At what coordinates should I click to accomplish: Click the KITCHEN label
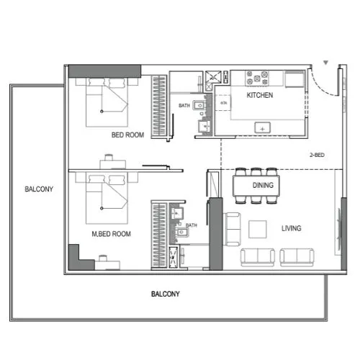[x=259, y=95]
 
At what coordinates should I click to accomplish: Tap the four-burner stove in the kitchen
[x=258, y=76]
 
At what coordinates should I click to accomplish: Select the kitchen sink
[x=262, y=127]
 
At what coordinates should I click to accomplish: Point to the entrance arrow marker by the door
[x=326, y=64]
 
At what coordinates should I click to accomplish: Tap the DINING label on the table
[x=262, y=185]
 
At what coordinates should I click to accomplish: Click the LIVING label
[x=291, y=229]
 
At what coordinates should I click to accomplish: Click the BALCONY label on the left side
[x=37, y=189]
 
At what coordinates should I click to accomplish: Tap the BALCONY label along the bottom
[x=165, y=294]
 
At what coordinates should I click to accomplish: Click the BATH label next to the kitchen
[x=184, y=107]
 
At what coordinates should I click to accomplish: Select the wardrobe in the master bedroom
[x=160, y=234]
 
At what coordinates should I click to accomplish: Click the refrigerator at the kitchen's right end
[x=295, y=77]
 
